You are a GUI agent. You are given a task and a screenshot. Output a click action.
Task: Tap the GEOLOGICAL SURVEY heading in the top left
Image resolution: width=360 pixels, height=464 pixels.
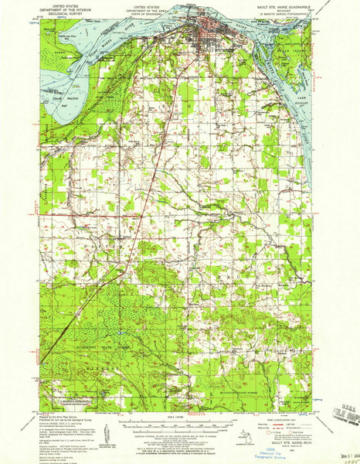coord(65,13)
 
